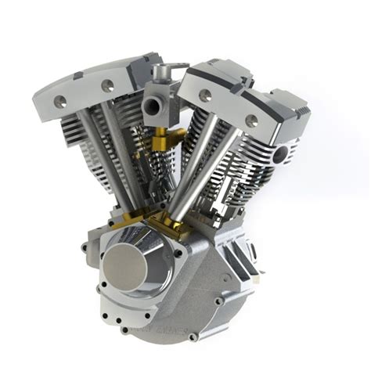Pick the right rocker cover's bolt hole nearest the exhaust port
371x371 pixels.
[252, 121]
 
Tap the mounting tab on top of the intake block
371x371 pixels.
[161, 71]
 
